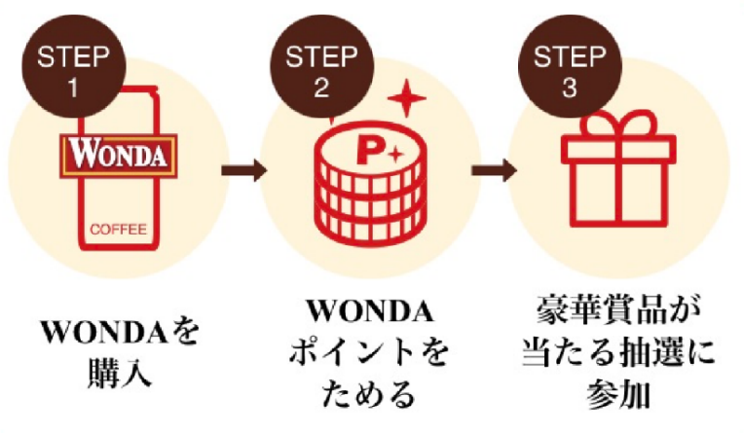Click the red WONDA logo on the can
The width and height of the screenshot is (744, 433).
click(x=117, y=154)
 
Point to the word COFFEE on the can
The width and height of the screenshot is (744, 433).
click(x=117, y=231)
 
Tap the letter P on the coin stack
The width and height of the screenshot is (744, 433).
click(x=367, y=153)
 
